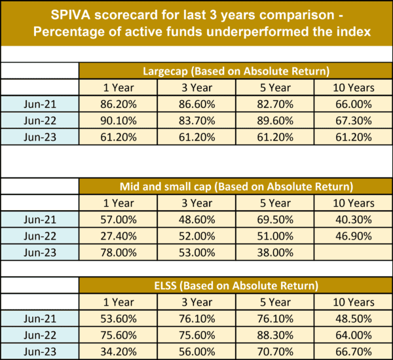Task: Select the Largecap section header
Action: [236, 71]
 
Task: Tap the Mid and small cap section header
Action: [236, 186]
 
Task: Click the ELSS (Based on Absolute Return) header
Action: [236, 285]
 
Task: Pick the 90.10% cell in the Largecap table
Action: [118, 120]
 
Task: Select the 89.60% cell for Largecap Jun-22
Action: [274, 120]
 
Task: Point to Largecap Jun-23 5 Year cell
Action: [274, 137]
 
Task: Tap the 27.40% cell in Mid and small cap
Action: [118, 236]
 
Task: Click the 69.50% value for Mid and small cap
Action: [274, 219]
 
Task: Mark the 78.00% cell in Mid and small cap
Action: [118, 252]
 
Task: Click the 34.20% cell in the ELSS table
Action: [118, 351]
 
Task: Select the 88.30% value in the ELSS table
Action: [274, 334]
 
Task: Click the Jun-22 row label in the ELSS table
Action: [40, 334]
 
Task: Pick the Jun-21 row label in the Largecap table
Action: [40, 103]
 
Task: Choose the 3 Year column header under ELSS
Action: [196, 302]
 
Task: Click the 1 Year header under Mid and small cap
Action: [118, 203]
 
